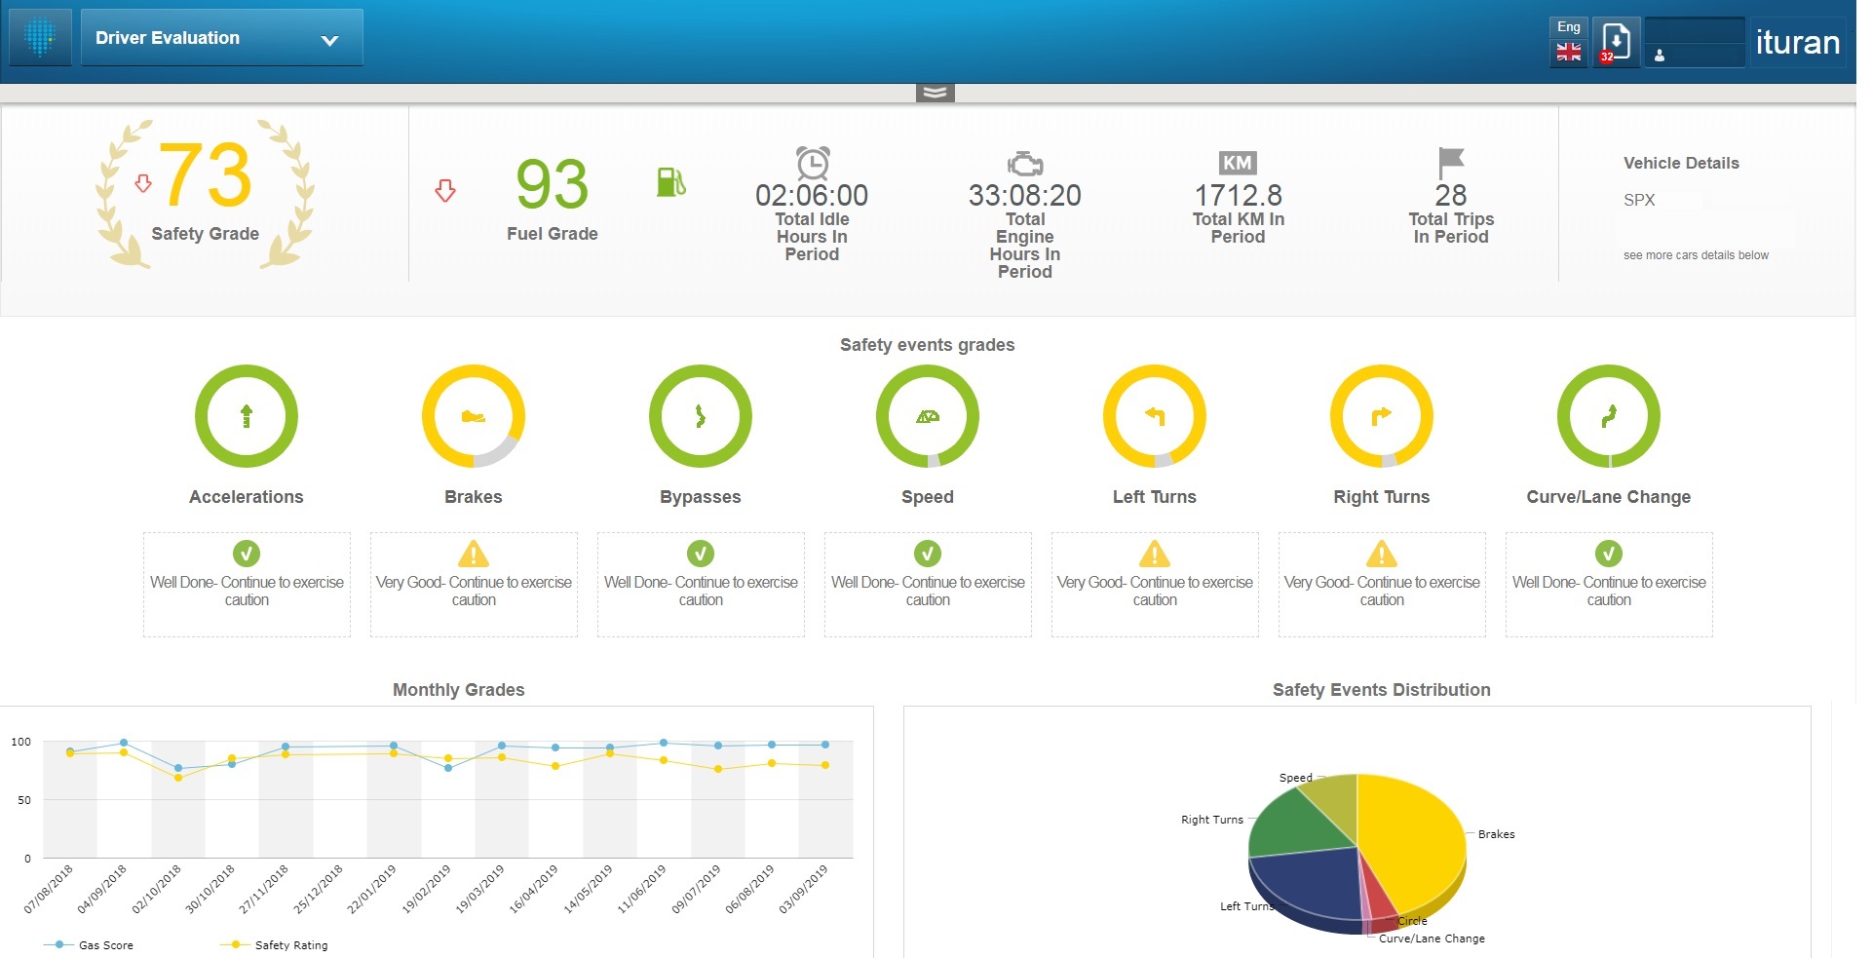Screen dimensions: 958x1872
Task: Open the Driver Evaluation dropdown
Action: coord(221,39)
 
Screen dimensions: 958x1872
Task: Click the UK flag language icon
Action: coord(1568,53)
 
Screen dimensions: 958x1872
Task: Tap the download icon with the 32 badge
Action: coord(1615,42)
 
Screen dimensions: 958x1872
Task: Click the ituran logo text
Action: coord(1797,42)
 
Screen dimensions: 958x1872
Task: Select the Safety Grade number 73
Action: coord(206,176)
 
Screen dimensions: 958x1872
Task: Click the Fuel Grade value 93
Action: coord(552,184)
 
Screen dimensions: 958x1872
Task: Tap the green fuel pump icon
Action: coord(670,181)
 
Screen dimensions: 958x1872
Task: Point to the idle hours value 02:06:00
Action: coord(812,196)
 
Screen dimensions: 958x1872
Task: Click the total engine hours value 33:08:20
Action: coord(1024,196)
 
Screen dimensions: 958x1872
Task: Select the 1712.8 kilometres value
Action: coord(1238,196)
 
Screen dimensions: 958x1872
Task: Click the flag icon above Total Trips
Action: coord(1450,162)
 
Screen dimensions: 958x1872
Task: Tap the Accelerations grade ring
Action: coord(247,416)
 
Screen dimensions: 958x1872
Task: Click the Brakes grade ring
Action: coord(474,416)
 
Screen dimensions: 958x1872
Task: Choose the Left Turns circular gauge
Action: coord(1155,416)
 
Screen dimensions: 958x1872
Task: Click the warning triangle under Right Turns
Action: coord(1381,554)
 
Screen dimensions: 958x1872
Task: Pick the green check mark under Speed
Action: coord(928,554)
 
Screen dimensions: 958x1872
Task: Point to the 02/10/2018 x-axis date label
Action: coord(158,887)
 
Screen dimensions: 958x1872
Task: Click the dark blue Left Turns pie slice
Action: coord(1306,882)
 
